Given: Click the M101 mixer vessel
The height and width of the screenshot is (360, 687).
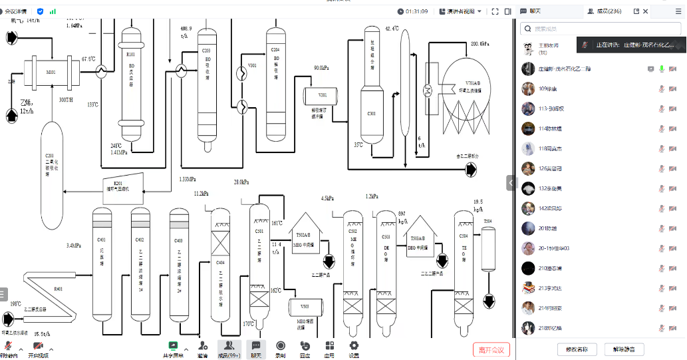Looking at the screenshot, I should (52, 71).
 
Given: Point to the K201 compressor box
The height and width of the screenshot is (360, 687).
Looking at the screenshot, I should (123, 186).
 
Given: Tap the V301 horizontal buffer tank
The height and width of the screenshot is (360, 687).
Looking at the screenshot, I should (323, 96).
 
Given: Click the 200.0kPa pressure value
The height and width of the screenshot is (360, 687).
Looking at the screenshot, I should (480, 43).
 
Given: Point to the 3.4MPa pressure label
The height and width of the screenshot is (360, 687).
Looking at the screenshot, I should (73, 246).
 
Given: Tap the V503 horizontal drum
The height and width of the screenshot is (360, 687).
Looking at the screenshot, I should (305, 309).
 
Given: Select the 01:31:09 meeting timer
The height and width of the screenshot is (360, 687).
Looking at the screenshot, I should (416, 11).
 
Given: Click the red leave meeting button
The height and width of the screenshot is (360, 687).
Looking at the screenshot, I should (491, 349).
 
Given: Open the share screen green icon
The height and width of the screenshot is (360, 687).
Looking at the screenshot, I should (173, 346).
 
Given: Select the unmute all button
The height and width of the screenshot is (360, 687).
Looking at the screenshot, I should (623, 349).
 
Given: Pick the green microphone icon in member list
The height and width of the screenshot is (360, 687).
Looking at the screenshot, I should (662, 69).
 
